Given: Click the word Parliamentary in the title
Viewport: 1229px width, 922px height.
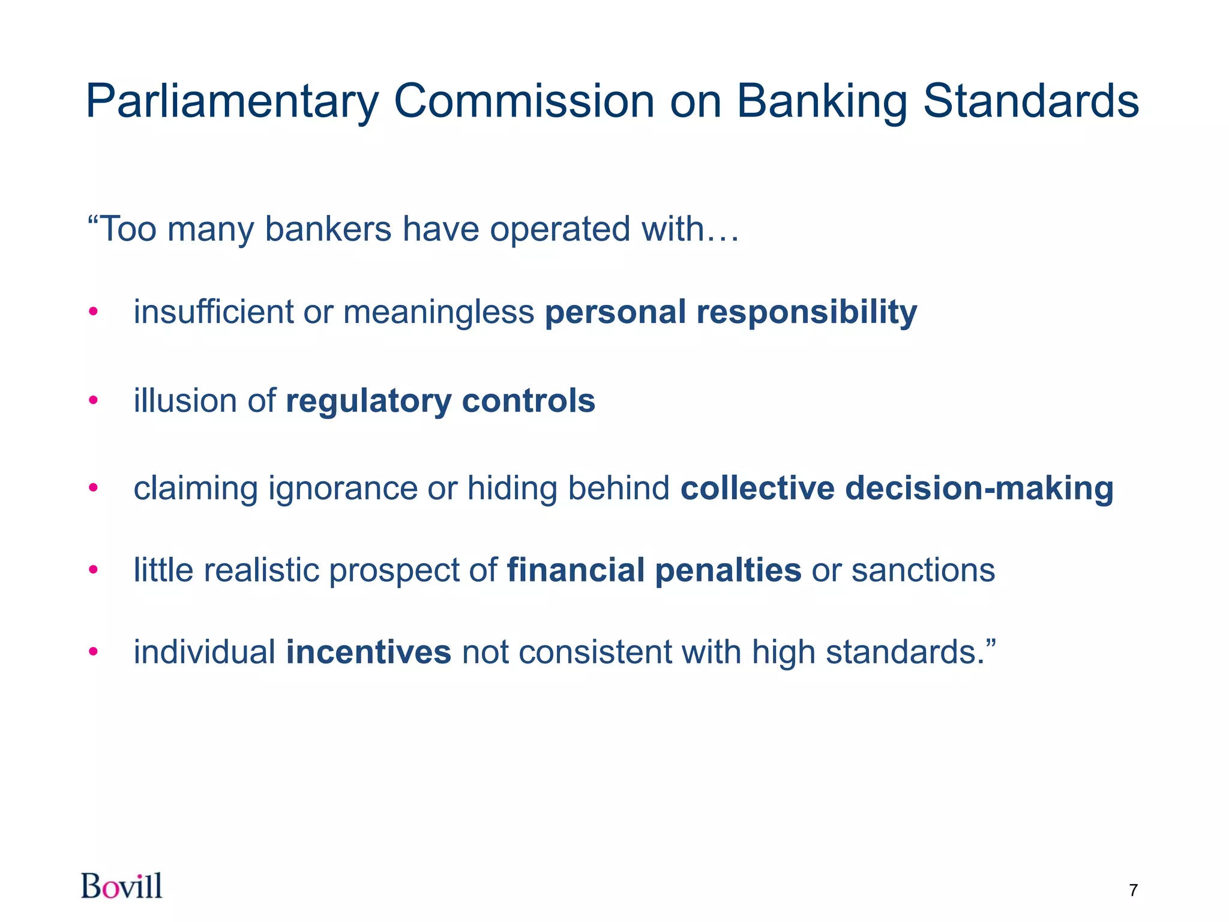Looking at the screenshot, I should coord(232,102).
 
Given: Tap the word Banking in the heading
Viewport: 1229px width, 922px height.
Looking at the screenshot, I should coord(822,102).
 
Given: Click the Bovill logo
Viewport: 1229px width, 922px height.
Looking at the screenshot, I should coord(122,886).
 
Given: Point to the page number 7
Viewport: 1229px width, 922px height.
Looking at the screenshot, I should coord(1133,890).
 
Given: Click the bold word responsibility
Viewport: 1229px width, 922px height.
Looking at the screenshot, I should coord(807,313).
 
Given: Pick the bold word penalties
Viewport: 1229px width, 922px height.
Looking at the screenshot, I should coord(728,570).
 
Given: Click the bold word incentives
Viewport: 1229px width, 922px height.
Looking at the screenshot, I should coord(368,652).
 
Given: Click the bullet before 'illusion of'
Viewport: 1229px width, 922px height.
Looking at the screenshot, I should coord(93,400).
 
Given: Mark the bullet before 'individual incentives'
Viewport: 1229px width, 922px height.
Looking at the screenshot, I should coord(93,652).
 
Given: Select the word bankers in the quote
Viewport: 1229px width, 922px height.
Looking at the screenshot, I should coord(328,229).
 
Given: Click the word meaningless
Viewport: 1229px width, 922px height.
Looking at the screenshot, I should coord(438,313).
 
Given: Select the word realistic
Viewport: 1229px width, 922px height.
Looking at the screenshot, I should coord(261,570).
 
